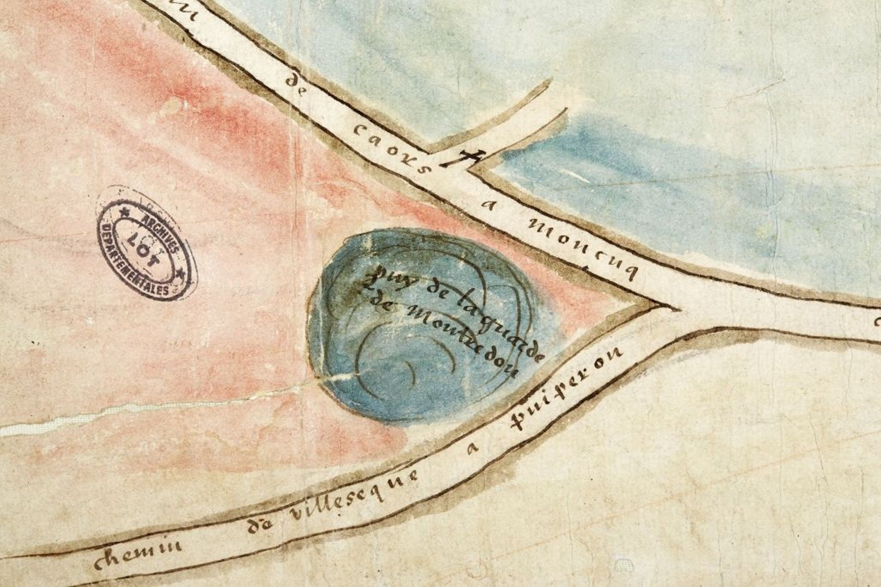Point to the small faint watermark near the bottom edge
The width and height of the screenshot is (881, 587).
[622, 565]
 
